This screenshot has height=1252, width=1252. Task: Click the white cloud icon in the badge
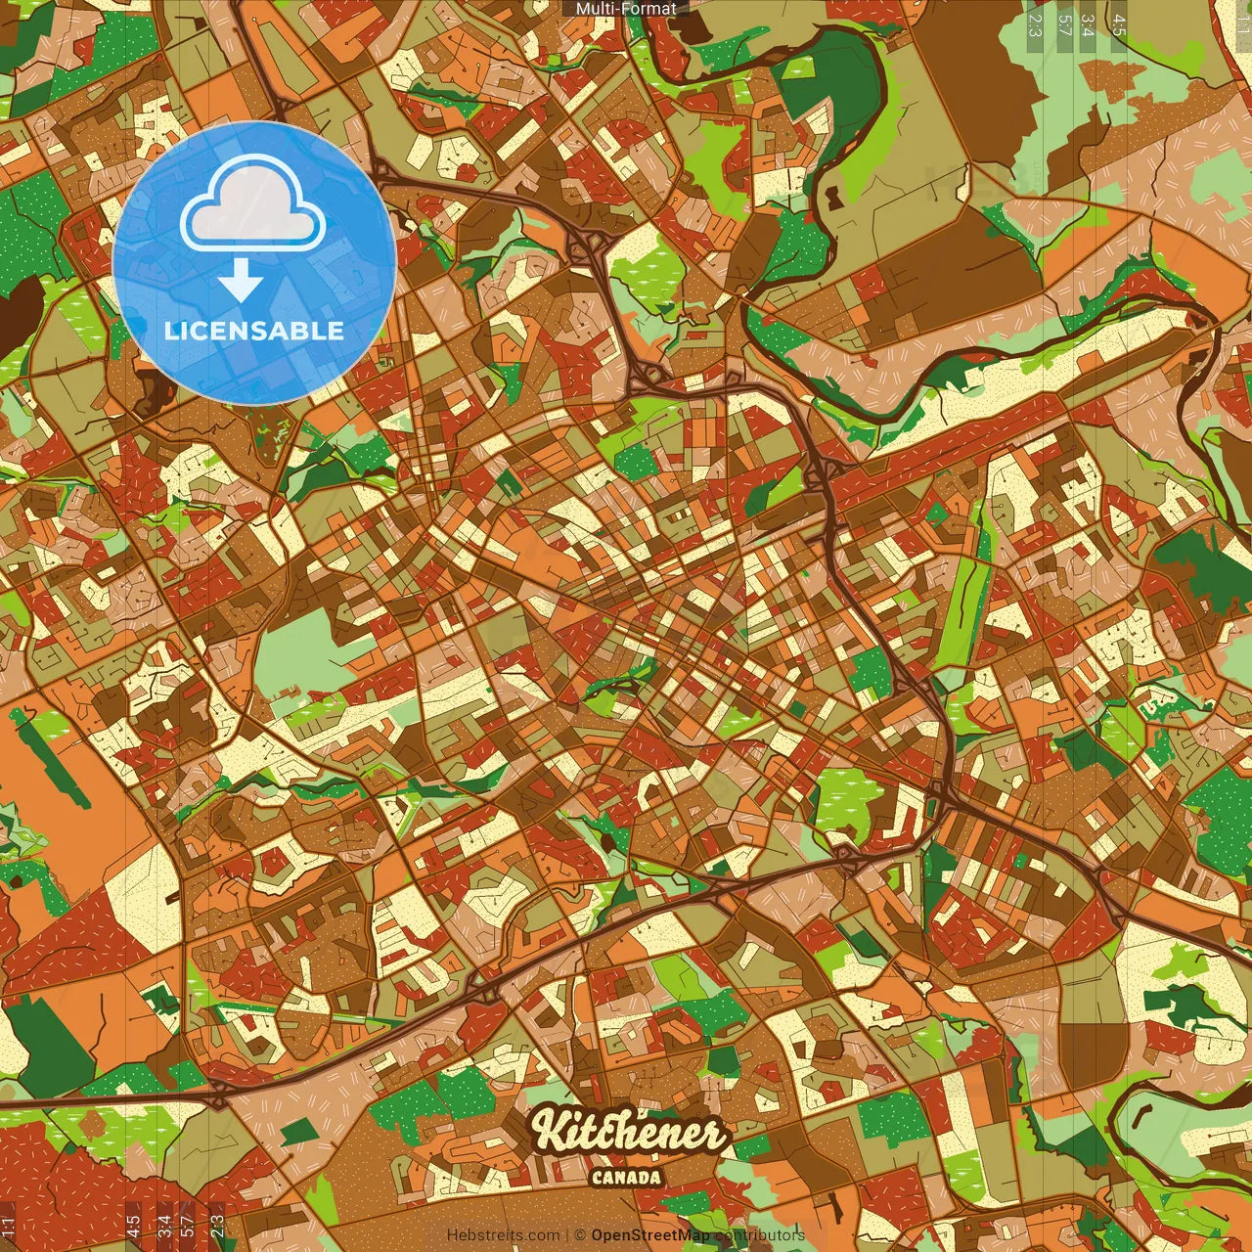click(253, 206)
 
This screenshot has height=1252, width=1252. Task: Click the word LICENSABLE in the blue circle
click(254, 331)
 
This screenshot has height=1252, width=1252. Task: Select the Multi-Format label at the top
click(626, 9)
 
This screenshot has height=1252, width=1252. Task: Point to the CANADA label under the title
click(626, 1178)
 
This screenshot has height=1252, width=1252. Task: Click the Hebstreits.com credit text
click(503, 1235)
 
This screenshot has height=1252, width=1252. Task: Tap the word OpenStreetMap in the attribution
click(650, 1235)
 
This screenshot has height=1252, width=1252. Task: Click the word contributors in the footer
click(760, 1235)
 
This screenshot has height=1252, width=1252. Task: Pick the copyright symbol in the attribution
click(579, 1235)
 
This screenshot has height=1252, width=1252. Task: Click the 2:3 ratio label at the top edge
click(1034, 24)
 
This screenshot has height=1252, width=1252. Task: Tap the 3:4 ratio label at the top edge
click(1088, 24)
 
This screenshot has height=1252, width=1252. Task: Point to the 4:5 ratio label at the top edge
click(1119, 24)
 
